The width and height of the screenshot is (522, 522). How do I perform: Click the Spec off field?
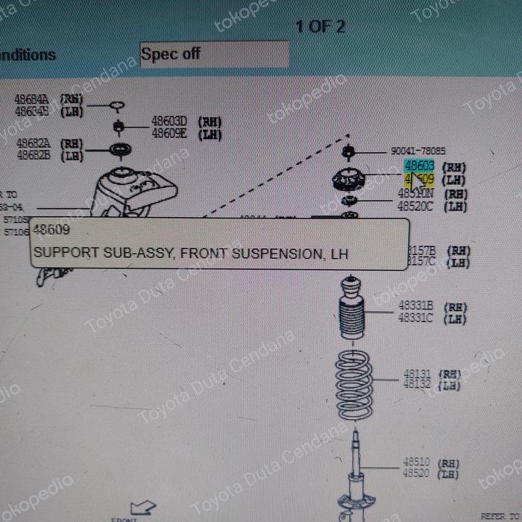point(213,54)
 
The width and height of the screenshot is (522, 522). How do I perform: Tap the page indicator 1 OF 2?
point(320,27)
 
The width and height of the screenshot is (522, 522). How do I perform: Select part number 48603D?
point(169,121)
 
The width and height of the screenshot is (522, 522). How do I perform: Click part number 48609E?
point(169,133)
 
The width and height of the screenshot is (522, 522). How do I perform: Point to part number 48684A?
point(32,99)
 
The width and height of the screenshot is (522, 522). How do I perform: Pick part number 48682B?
point(33,155)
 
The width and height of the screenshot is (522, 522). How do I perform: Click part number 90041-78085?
point(418,151)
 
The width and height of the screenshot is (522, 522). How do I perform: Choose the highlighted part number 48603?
point(419,166)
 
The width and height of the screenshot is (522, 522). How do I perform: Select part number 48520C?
point(415,207)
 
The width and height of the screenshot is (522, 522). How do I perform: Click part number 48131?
point(418,374)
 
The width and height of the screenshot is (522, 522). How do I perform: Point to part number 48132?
point(418,385)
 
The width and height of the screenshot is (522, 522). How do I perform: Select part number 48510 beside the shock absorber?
point(416,462)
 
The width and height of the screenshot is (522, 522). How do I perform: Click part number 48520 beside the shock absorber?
point(416,474)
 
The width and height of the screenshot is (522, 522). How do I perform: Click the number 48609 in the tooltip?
point(51,231)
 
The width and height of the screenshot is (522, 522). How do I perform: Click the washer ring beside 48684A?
point(117,105)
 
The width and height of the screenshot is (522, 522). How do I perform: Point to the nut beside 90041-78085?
point(348,154)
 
